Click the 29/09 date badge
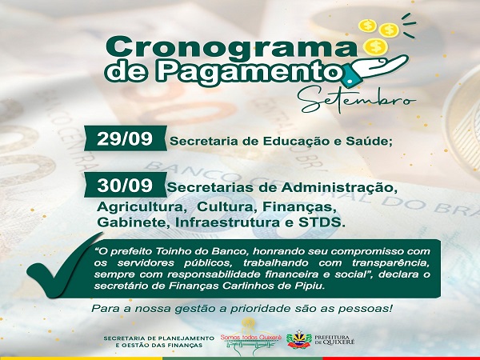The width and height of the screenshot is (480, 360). point(126,138)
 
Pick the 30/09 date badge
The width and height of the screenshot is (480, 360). point(126,185)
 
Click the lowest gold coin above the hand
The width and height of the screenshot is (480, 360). point(376,46)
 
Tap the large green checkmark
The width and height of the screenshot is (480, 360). point(65,266)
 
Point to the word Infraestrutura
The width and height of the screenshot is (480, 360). point(227,222)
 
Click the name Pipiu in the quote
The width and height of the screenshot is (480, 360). point(308,286)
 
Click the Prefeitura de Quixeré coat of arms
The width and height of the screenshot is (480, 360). point(298,339)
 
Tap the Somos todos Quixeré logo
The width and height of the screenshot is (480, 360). point(251,338)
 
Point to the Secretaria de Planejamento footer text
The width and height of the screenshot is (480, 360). point(159,342)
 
